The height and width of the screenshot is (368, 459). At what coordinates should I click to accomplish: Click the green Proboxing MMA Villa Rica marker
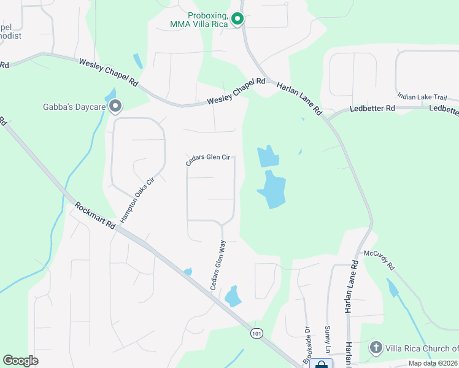(x=237, y=20)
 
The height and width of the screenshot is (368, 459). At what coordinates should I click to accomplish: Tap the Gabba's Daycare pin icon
(x=115, y=107)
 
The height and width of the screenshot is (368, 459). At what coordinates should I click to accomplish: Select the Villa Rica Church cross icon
(x=376, y=348)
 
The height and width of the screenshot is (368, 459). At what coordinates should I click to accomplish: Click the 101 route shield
(x=256, y=333)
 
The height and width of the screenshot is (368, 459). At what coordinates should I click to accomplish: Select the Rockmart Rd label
(x=94, y=215)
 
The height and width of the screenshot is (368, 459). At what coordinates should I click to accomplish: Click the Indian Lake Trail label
(x=427, y=96)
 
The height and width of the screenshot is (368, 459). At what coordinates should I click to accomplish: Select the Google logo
(x=21, y=360)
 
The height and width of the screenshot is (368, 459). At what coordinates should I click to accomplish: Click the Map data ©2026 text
(x=433, y=363)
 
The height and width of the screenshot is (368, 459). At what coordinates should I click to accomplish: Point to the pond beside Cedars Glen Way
(x=233, y=296)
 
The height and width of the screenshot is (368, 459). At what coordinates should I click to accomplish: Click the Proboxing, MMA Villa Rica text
(x=199, y=19)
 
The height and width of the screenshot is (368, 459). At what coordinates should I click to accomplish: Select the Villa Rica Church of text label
(x=422, y=348)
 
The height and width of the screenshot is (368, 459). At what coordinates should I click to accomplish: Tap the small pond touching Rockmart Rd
(x=188, y=272)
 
